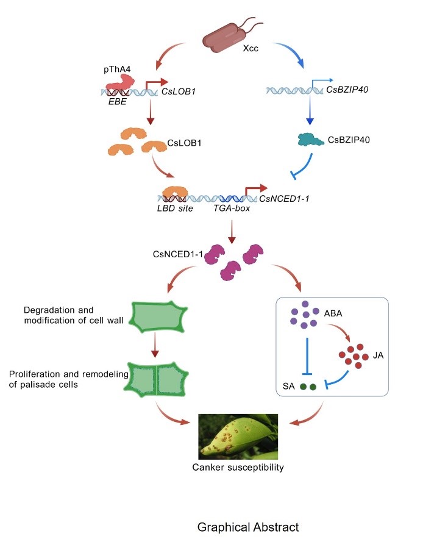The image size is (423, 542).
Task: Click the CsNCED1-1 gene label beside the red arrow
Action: point(284,196)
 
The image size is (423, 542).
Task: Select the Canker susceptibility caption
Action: point(238,468)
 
